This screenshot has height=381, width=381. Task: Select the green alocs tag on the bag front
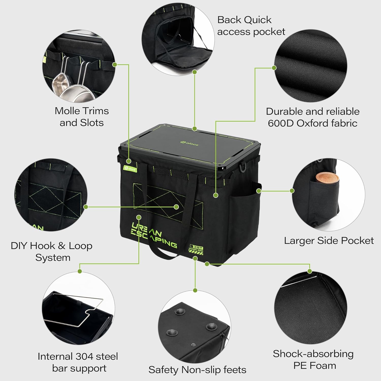click(x=130, y=169)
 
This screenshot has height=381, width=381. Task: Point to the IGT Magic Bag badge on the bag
click(x=196, y=249)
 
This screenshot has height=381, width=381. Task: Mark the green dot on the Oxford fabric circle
click(x=274, y=68)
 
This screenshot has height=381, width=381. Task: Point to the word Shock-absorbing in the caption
click(x=313, y=354)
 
